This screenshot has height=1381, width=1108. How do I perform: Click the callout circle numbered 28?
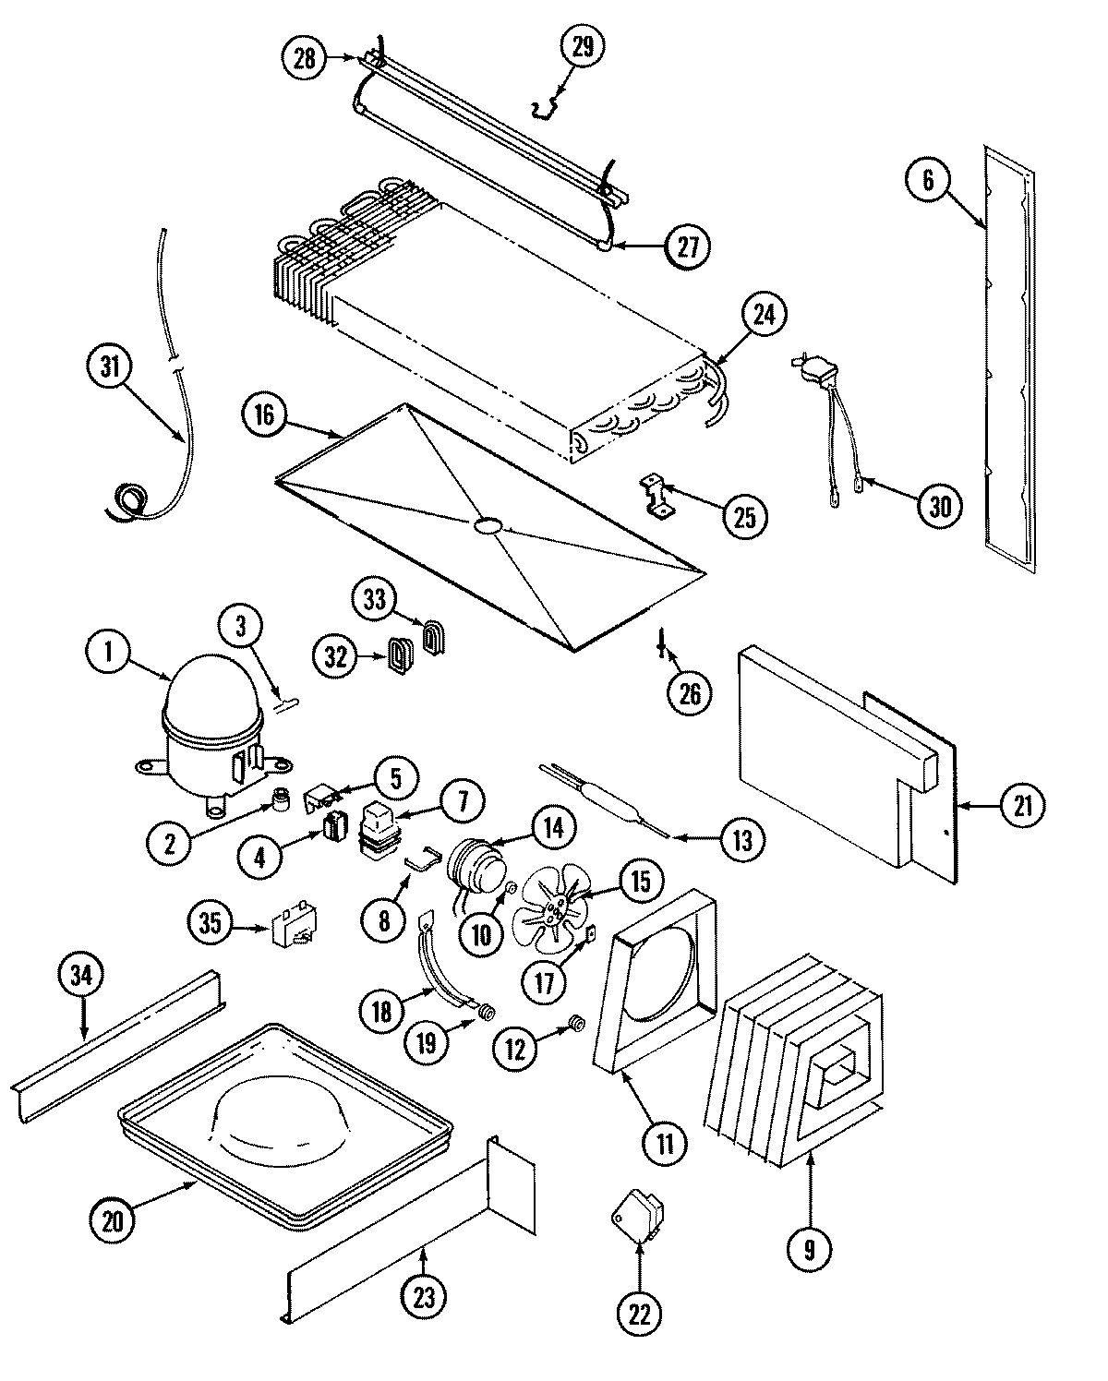pos(305,59)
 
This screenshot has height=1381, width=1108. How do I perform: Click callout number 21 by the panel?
pos(1021,805)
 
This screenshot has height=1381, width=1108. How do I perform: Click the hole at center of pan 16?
pos(486,525)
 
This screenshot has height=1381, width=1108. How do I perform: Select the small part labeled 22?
pos(639,1217)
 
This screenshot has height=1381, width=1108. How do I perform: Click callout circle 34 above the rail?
pos(82,978)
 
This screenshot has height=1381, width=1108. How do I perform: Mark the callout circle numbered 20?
pos(113,1220)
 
